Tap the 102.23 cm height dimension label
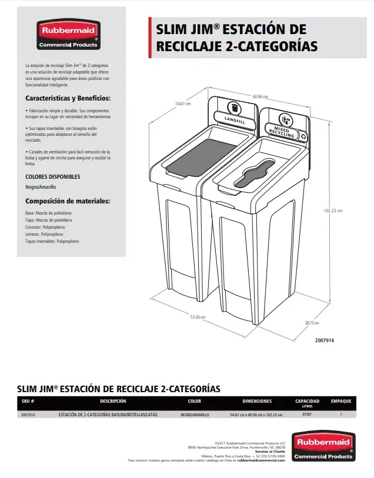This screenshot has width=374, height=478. (333, 210)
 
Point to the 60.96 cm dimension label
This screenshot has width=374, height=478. (261, 96)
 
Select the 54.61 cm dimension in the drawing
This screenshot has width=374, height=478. (184, 104)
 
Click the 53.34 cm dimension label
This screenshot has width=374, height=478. (197, 317)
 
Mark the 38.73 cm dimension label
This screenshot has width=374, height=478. (313, 323)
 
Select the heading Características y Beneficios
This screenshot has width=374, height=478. (68, 98)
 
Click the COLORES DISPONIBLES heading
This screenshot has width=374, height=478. (53, 176)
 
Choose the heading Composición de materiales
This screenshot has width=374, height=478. (68, 201)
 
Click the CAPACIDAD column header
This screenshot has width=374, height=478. (307, 402)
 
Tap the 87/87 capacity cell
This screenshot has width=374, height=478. (307, 415)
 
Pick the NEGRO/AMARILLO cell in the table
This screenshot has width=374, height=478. (195, 415)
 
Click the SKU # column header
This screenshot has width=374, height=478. (28, 402)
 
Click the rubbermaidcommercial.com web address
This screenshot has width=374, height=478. (262, 460)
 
